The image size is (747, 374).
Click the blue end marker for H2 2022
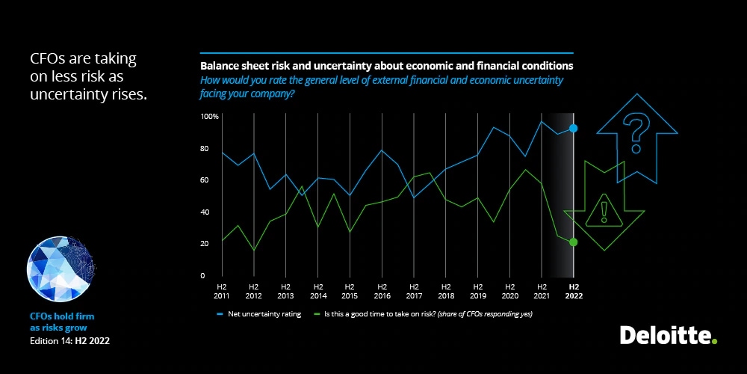[x=573, y=129]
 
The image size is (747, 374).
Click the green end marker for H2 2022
[x=573, y=242]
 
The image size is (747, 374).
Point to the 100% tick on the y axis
[x=209, y=117]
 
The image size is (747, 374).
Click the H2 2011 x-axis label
[x=222, y=291]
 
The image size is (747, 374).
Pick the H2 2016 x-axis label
[x=381, y=291]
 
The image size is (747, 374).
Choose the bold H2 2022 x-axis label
[x=573, y=291]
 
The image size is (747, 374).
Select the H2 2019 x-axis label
[x=477, y=291]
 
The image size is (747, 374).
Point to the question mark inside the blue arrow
[x=636, y=129]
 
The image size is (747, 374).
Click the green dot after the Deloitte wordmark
[x=714, y=342]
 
